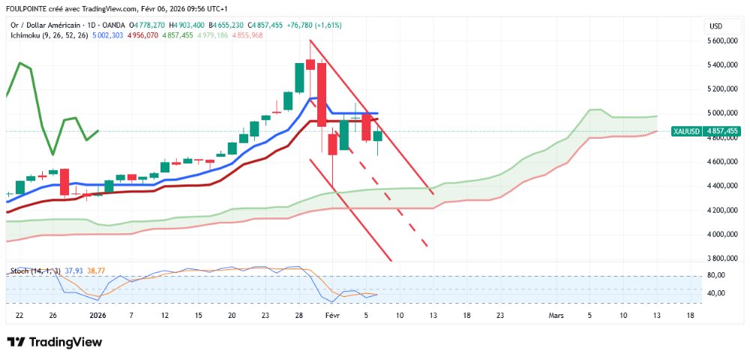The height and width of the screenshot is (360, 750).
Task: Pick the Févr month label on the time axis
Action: tap(333, 316)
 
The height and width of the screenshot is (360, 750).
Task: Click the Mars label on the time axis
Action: tap(556, 316)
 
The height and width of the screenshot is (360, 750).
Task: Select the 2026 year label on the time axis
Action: tap(98, 316)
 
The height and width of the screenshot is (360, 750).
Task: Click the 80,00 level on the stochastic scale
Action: tap(716, 275)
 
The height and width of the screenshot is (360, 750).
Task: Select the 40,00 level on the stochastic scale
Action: tap(716, 292)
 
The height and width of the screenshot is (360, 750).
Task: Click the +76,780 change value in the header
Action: tap(301, 25)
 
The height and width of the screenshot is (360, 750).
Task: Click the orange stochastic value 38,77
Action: tap(96, 270)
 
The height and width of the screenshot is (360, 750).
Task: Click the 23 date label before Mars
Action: tap(499, 316)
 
